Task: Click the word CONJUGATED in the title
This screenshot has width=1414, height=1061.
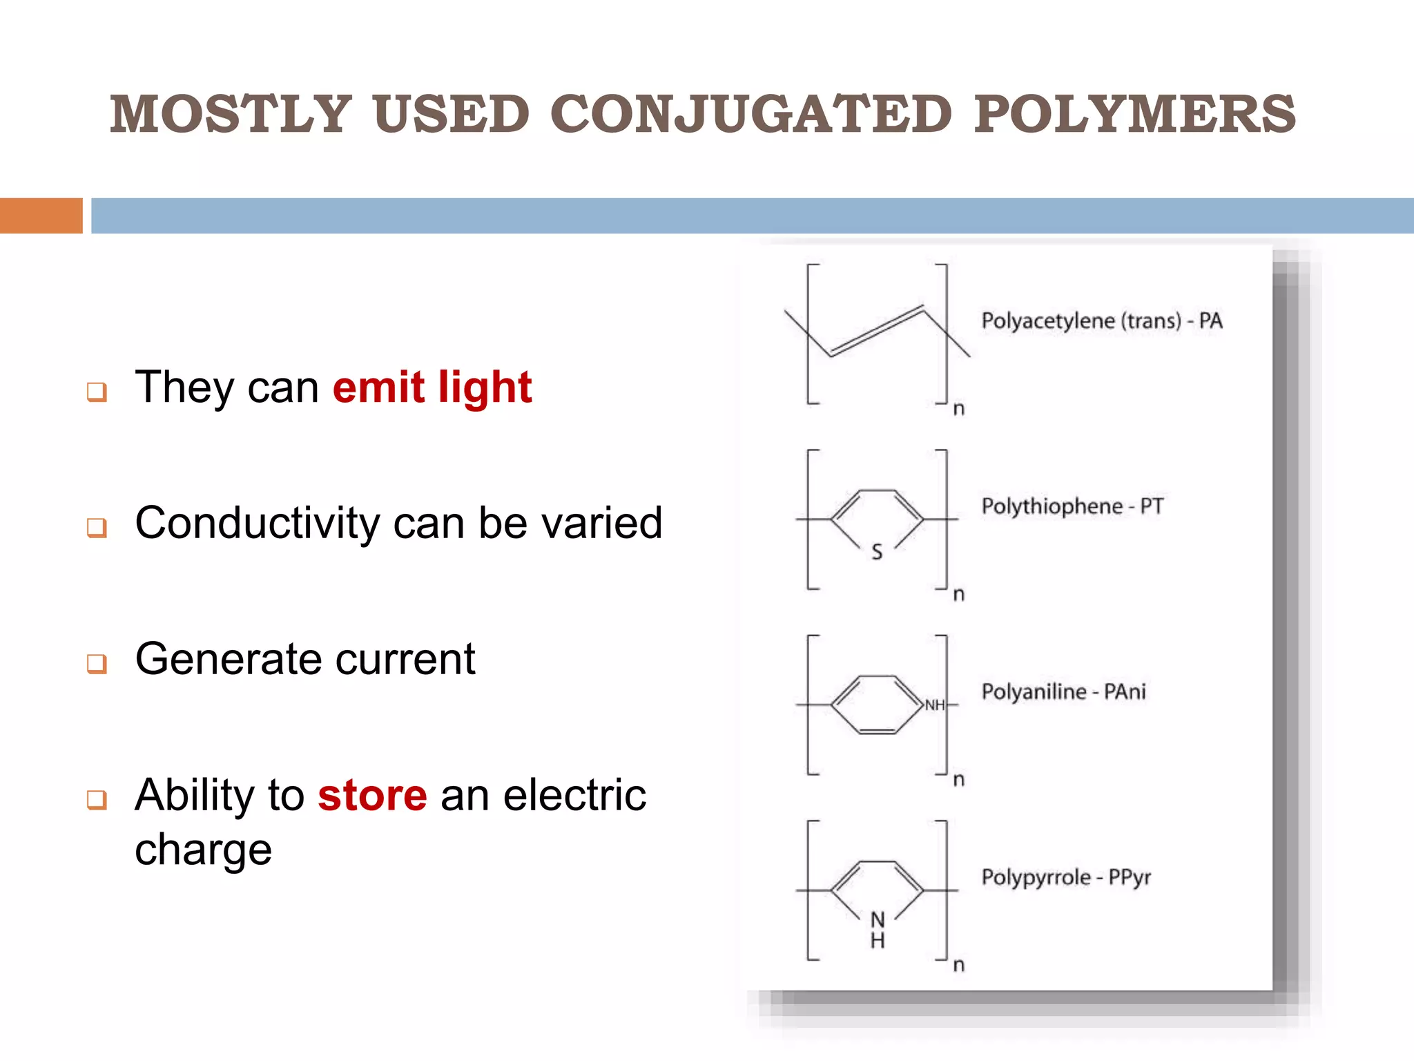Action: click(750, 114)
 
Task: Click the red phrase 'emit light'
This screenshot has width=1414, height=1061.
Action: click(432, 387)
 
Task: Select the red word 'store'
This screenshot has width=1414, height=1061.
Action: click(372, 795)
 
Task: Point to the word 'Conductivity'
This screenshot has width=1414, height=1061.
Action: click(258, 523)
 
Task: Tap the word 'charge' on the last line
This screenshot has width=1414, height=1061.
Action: click(204, 849)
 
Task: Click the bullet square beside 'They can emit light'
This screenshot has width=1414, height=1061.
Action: click(97, 392)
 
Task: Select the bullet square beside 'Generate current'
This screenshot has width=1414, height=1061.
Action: click(97, 664)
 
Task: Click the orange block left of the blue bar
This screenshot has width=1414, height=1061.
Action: click(41, 216)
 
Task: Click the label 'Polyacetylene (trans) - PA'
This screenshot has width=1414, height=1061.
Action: click(1102, 321)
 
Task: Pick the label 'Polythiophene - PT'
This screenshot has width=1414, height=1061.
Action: click(1072, 506)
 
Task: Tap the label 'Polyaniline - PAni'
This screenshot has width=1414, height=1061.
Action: click(1063, 691)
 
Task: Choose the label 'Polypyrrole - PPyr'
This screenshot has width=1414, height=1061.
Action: click(1066, 877)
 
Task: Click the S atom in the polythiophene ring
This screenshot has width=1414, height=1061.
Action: click(877, 552)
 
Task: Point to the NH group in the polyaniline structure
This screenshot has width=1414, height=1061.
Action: click(935, 705)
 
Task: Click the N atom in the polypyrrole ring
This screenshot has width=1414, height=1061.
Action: click(878, 920)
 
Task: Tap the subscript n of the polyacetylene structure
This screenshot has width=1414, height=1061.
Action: click(959, 409)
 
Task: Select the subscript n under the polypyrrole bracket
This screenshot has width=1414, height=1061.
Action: click(959, 965)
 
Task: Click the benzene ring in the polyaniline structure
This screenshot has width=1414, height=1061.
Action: click(878, 705)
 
